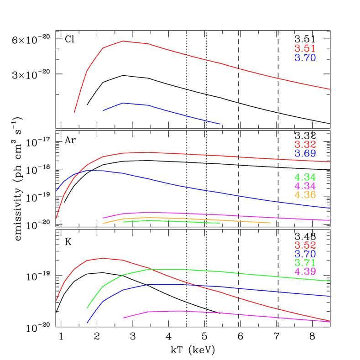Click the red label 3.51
pyautogui.click(x=305, y=49)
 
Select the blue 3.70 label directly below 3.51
pyautogui.click(x=305, y=58)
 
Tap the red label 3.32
pyautogui.click(x=305, y=145)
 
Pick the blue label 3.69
pyautogui.click(x=305, y=154)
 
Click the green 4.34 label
pyautogui.click(x=305, y=177)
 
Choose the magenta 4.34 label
pyautogui.click(x=305, y=186)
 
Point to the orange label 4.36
pyautogui.click(x=305, y=195)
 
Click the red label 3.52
pyautogui.click(x=305, y=245)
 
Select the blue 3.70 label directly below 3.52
pyautogui.click(x=305, y=254)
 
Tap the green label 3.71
pyautogui.click(x=305, y=263)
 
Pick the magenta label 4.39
pyautogui.click(x=305, y=271)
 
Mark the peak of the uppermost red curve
pyautogui.click(x=124, y=41)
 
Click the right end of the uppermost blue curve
pyautogui.click(x=220, y=124)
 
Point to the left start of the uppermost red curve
pyautogui.click(x=74, y=112)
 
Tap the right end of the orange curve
pyautogui.click(x=271, y=223)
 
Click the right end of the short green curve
pyautogui.click(x=220, y=223)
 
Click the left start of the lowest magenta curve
pyautogui.click(x=124, y=318)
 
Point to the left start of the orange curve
pyautogui.click(x=103, y=224)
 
